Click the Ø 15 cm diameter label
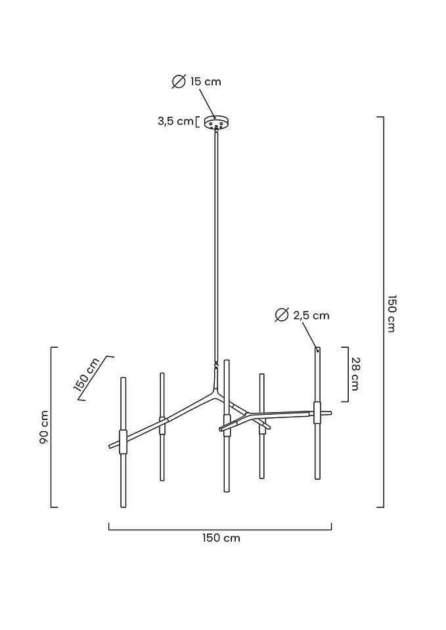196,81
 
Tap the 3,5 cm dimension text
175,121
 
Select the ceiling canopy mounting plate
215,122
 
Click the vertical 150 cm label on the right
391,313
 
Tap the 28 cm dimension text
355,373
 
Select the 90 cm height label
44,427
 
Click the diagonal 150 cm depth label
86,378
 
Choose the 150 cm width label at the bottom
221,538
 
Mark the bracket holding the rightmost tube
317,413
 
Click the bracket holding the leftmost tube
123,442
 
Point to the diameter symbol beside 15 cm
178,81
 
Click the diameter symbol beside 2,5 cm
282,315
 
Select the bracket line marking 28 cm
346,373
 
